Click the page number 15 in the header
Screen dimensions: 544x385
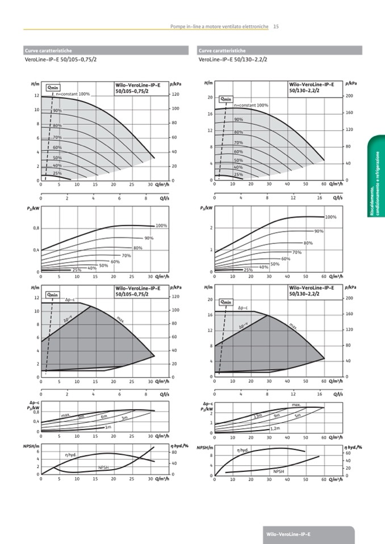point(275,26)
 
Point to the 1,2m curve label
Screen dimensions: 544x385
point(275,428)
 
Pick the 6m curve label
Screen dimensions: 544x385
point(104,417)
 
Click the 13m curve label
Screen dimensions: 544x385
point(258,416)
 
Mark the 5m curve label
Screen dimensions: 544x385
point(297,416)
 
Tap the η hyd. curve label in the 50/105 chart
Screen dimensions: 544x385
point(70,454)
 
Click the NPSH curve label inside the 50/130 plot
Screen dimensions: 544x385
point(278,471)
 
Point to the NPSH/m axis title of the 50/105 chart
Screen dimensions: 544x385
point(30,447)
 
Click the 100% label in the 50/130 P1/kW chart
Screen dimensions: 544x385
point(331,217)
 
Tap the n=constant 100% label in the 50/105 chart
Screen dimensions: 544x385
point(73,94)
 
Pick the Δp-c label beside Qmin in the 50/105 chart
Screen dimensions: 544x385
point(70,299)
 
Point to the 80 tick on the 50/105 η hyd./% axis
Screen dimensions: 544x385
point(174,453)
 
